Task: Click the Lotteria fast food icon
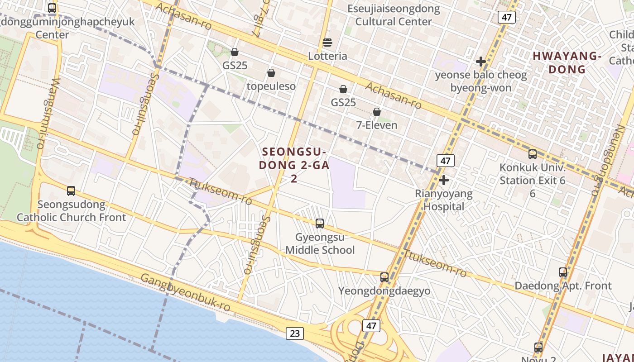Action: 327,43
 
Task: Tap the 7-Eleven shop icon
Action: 376,112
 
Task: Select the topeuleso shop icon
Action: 271,73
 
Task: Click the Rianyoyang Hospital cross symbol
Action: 444,181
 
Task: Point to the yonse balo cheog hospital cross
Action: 481,62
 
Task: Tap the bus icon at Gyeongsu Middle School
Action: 320,223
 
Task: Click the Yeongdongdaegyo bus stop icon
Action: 384,277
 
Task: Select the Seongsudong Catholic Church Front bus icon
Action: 71,191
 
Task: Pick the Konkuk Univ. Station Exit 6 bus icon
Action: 533,154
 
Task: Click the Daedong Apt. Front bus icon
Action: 563,272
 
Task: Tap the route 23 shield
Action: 295,333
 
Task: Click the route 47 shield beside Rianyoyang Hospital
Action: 446,161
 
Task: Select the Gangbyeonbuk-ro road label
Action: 185,292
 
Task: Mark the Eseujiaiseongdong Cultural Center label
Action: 394,15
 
